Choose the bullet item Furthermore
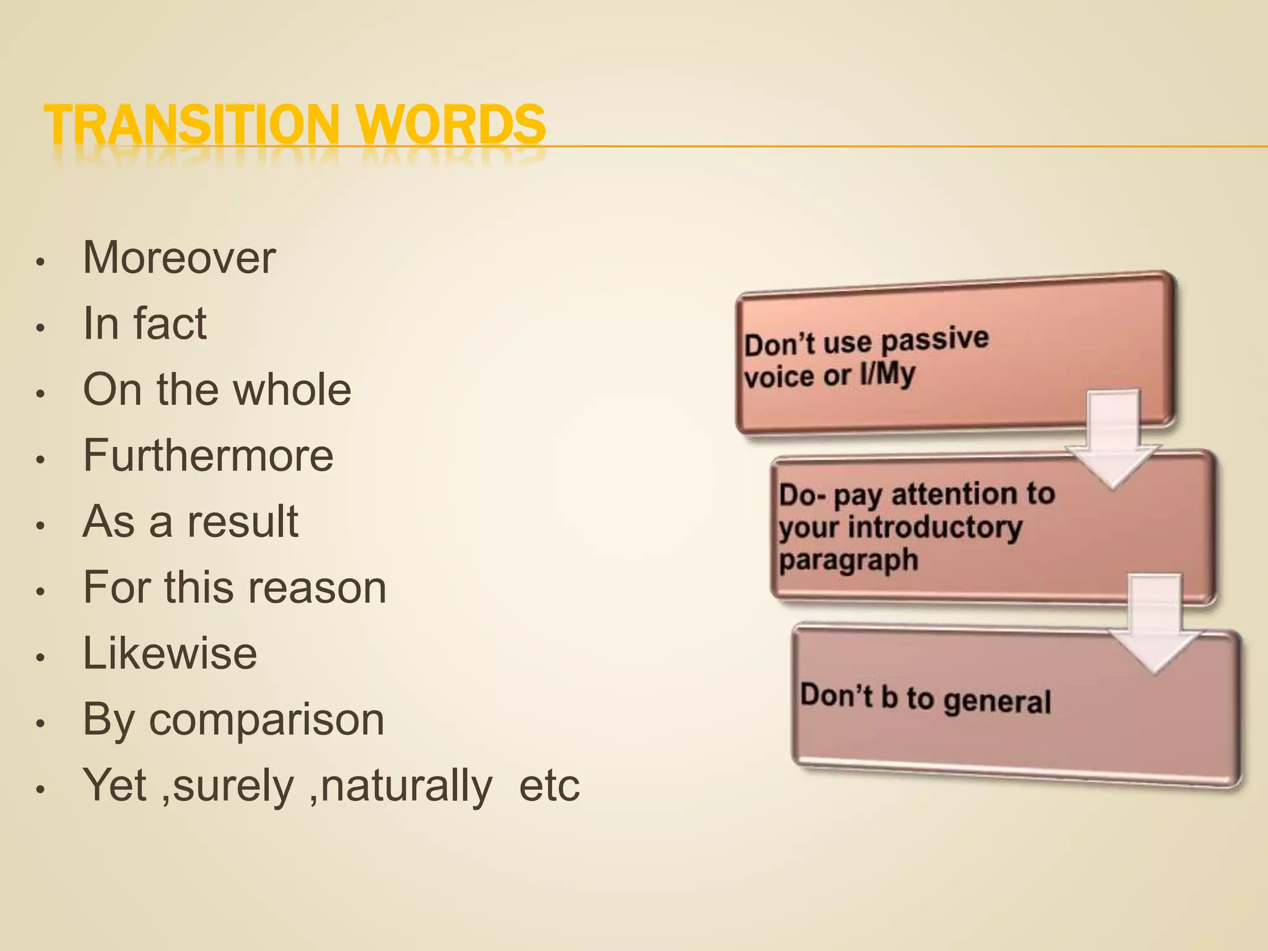pyautogui.click(x=208, y=455)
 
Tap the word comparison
pyautogui.click(x=267, y=720)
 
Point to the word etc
pyautogui.click(x=549, y=786)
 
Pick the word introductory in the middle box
pyautogui.click(x=934, y=528)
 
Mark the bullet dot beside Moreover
pyautogui.click(x=40, y=261)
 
